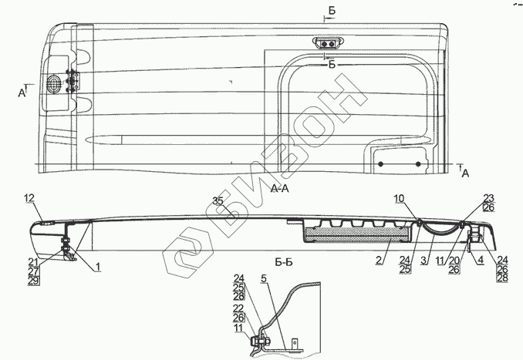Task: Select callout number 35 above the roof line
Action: [218, 203]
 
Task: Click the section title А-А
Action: [280, 190]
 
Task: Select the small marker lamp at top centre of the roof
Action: [329, 45]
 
